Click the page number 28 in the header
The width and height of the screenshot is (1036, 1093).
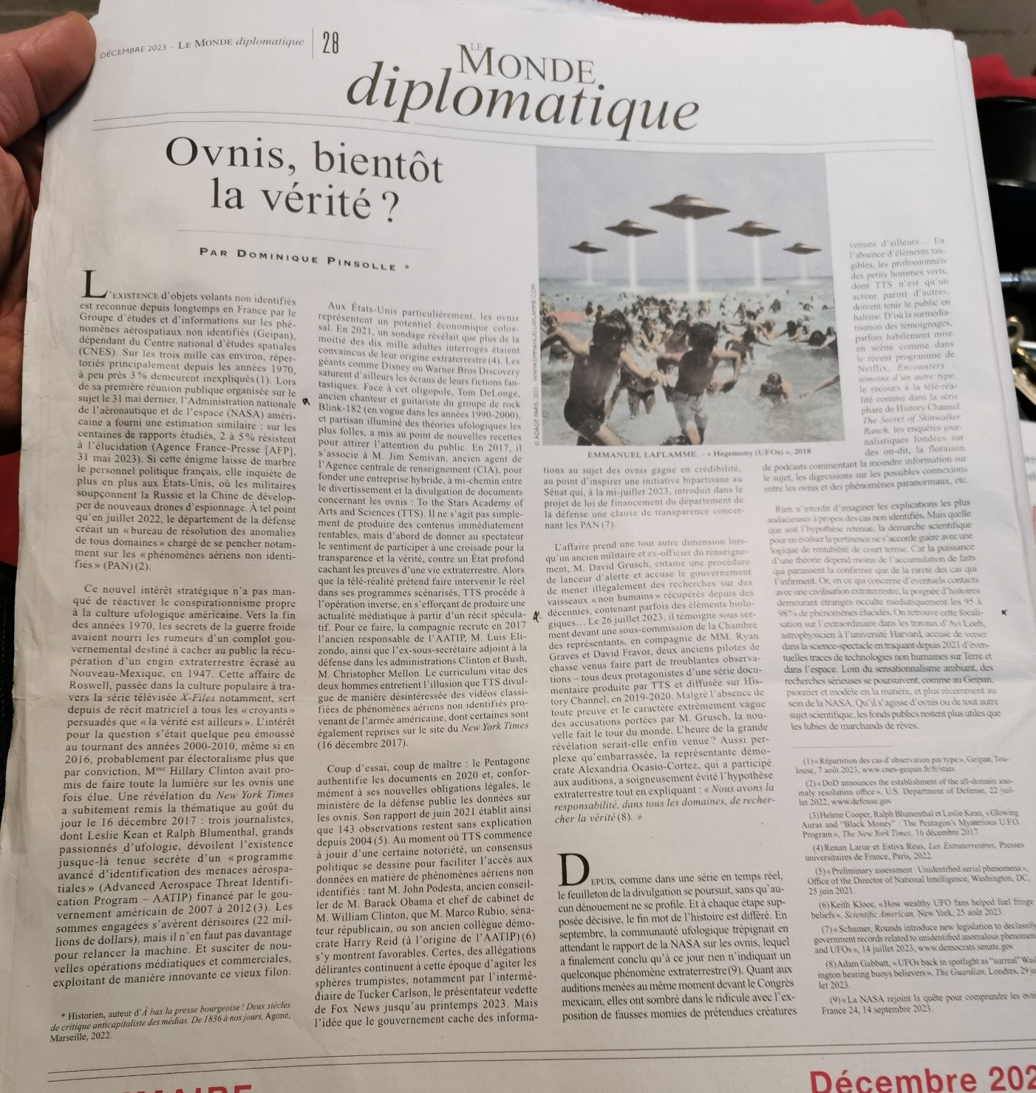tap(330, 45)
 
